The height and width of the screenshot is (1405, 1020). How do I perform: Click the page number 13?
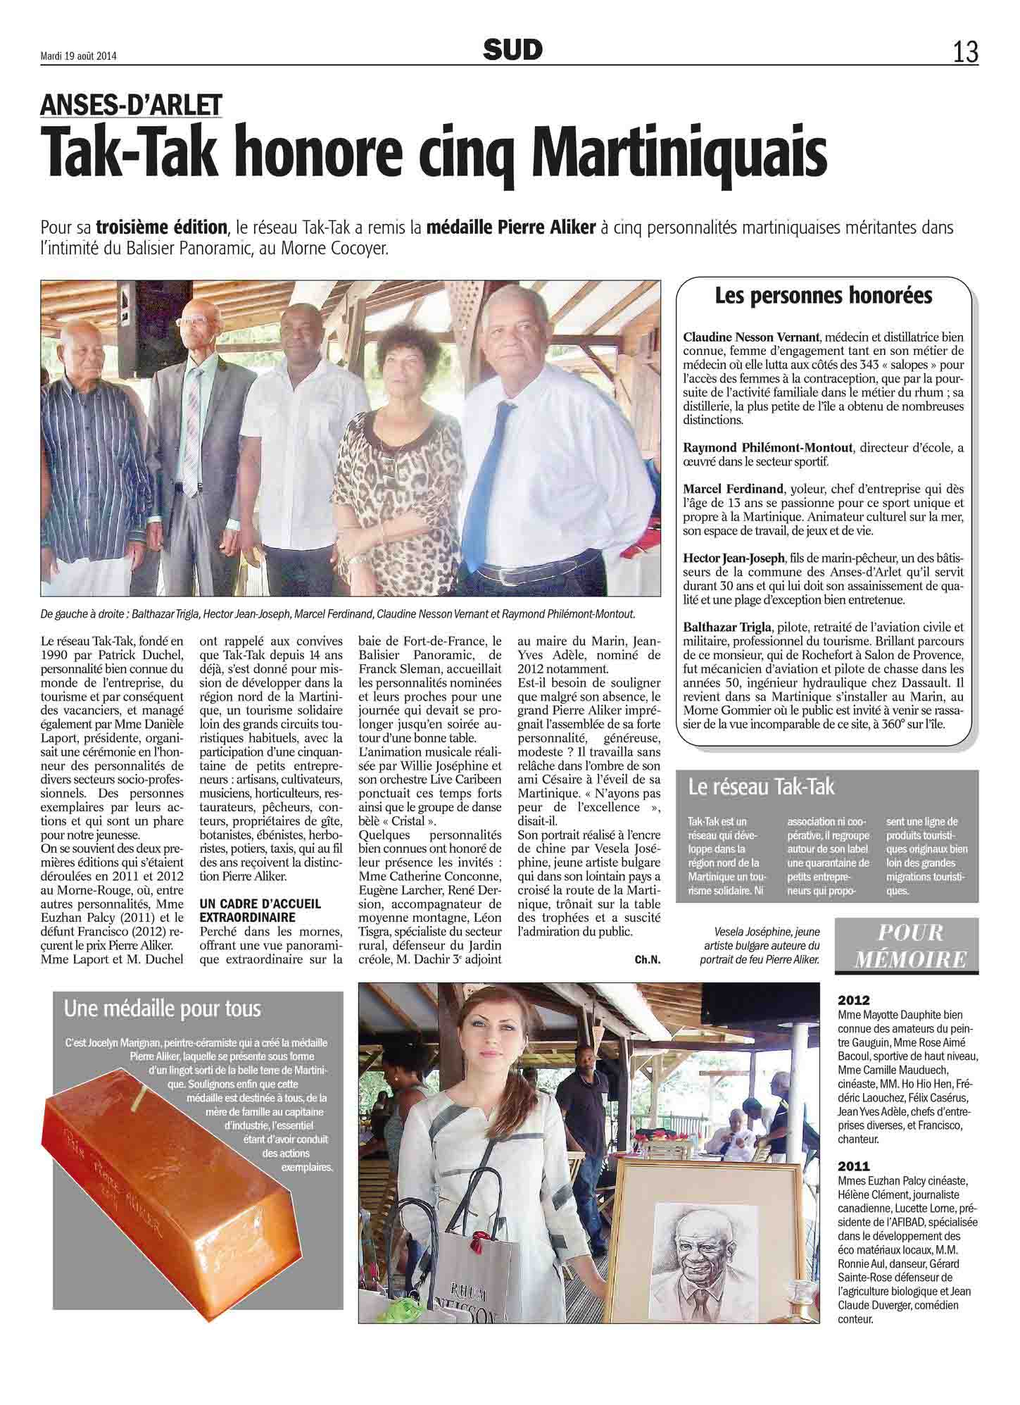965,51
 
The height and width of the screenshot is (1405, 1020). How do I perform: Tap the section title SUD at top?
512,49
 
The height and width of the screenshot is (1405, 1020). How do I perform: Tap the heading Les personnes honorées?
823,296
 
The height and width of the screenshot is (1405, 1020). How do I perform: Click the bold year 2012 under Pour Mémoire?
854,1000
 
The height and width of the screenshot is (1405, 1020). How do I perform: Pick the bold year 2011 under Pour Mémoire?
854,1166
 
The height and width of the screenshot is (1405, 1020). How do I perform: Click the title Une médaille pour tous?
162,1009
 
